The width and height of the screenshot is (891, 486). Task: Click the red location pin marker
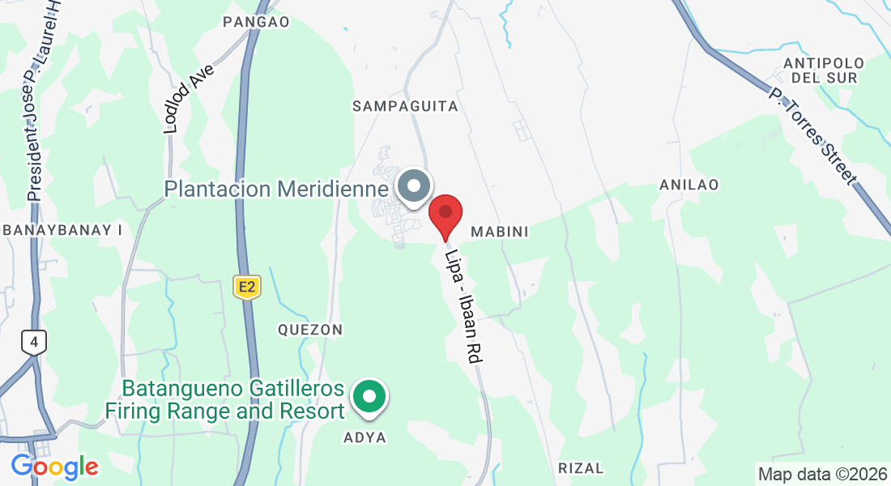tap(445, 215)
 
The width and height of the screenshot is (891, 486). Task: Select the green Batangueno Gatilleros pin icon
tap(371, 397)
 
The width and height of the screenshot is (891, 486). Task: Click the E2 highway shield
tap(247, 286)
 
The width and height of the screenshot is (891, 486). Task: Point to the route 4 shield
tap(33, 343)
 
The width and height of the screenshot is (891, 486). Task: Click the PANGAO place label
tap(256, 22)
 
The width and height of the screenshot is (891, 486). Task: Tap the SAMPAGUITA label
tap(406, 106)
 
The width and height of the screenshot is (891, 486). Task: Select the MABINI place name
tap(499, 232)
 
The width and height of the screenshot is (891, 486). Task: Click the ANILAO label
tap(688, 185)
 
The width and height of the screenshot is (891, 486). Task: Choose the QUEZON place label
tap(310, 330)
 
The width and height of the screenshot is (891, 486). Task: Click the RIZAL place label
tap(581, 468)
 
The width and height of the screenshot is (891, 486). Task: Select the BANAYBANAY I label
tap(62, 230)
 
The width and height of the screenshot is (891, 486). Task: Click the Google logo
tap(54, 467)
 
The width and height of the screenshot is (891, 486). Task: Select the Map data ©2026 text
tap(822, 473)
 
